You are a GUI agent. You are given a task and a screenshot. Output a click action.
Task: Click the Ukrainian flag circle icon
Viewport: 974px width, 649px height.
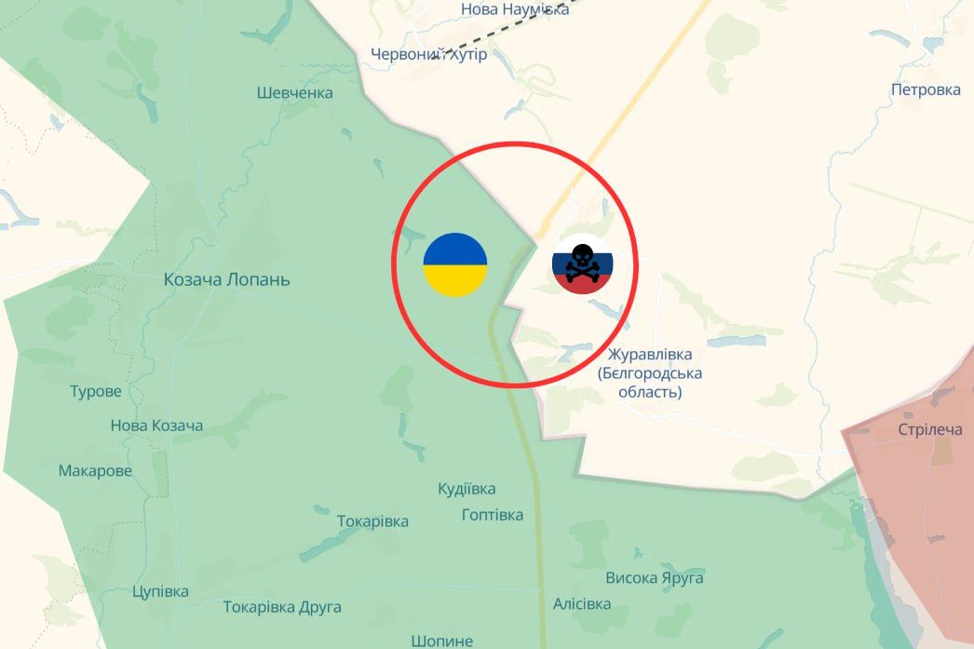(x=454, y=265)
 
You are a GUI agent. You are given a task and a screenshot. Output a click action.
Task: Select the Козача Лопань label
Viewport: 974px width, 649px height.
(x=226, y=279)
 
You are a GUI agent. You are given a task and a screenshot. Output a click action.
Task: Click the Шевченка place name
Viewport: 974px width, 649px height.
(x=294, y=93)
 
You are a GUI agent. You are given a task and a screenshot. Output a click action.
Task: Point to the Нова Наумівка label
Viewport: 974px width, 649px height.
(x=514, y=9)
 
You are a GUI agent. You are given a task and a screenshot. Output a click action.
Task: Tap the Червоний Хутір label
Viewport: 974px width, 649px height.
(x=428, y=55)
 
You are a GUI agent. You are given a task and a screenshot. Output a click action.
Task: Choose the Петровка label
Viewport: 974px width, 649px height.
(x=925, y=90)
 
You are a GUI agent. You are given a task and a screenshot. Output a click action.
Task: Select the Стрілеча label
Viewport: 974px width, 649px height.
(x=929, y=429)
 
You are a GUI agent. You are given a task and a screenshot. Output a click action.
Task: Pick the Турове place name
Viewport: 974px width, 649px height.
(x=96, y=391)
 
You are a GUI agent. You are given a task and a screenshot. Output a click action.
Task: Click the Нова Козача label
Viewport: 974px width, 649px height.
(x=156, y=426)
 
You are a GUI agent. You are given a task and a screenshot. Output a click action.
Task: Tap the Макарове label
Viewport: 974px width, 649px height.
(x=95, y=471)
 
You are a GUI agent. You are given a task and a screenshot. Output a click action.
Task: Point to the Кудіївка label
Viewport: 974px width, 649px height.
(x=467, y=489)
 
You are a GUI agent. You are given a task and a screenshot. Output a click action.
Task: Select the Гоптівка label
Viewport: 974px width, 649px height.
(x=493, y=515)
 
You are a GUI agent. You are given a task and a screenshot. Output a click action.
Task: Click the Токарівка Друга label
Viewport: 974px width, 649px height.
(x=282, y=607)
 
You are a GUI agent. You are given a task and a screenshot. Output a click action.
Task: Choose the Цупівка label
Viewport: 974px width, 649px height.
(x=160, y=591)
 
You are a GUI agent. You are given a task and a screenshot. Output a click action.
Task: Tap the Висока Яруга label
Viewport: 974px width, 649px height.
(x=655, y=578)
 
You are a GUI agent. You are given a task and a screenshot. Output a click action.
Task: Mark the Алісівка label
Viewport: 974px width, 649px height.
(x=582, y=604)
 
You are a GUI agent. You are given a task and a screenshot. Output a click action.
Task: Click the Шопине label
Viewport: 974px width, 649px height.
(x=441, y=641)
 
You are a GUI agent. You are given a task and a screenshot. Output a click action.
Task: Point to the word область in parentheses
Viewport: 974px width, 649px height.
(x=650, y=393)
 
